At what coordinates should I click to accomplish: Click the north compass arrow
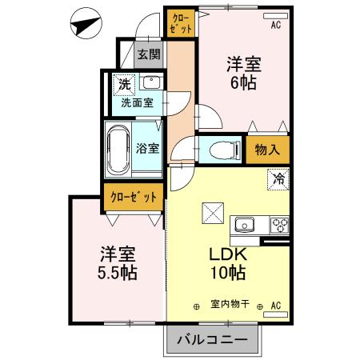pyautogui.click(x=86, y=23)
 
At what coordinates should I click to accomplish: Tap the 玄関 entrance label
pyautogui.click(x=148, y=55)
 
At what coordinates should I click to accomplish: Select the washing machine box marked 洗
pyautogui.click(x=125, y=83)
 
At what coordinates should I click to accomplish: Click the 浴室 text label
pyautogui.click(x=147, y=148)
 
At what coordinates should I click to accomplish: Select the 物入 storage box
pyautogui.click(x=267, y=150)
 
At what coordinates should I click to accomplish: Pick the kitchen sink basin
pyautogui.click(x=244, y=223)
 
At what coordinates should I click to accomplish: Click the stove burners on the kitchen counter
pyautogui.click(x=278, y=223)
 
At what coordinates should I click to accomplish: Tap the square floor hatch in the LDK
pyautogui.click(x=211, y=213)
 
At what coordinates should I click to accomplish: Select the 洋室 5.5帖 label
pyautogui.click(x=118, y=262)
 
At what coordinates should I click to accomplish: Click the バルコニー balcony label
pyautogui.click(x=213, y=340)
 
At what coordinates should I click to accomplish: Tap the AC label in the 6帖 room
pyautogui.click(x=276, y=26)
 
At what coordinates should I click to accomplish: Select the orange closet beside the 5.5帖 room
pyautogui.click(x=134, y=197)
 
